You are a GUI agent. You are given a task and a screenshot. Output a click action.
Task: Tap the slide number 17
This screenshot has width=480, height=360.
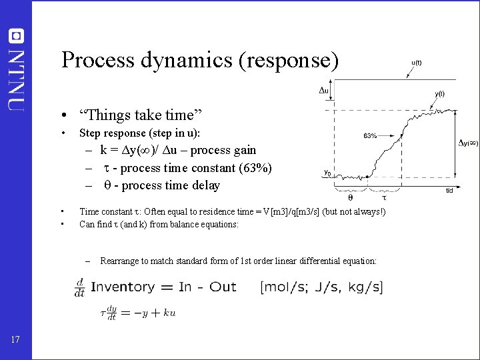point(15,341)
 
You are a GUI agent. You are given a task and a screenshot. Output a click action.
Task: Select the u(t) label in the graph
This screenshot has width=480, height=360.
point(415,63)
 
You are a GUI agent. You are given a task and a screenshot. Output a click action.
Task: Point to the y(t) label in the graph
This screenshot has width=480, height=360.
point(439,94)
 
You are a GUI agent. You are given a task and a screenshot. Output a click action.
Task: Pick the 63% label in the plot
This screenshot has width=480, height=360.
point(370,135)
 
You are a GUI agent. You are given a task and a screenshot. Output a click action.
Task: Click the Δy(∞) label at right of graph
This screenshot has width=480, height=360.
point(468,142)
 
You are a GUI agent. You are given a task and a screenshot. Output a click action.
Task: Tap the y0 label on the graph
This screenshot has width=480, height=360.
point(327,173)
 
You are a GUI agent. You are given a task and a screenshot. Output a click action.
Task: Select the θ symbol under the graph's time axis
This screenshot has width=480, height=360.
point(351,197)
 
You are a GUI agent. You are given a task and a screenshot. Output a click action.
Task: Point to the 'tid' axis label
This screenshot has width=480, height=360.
point(450,191)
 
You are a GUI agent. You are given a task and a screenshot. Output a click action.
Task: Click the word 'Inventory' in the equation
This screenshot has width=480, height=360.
point(123,287)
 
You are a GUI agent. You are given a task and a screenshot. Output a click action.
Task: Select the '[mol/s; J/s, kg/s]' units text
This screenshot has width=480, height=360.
point(321,287)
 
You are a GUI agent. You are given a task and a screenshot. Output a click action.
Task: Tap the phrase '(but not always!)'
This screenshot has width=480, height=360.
point(355,212)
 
